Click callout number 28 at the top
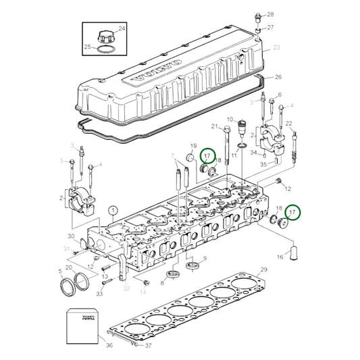(x=270, y=14)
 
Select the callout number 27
(x=270, y=28)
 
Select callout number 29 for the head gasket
(x=264, y=270)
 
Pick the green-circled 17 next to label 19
(x=209, y=156)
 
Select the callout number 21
(x=215, y=126)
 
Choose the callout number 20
(x=69, y=267)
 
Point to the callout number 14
(x=143, y=292)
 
